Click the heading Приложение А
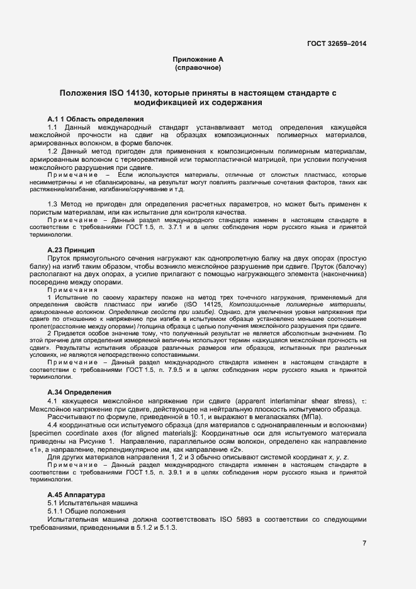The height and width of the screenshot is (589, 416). tap(198, 59)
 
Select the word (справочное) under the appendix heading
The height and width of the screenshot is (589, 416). tap(198, 67)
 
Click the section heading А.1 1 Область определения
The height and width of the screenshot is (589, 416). tap(96, 119)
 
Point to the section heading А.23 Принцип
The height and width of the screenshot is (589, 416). tap(71, 250)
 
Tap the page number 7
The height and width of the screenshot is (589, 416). tap(364, 543)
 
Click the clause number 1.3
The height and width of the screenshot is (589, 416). tap(53, 206)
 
